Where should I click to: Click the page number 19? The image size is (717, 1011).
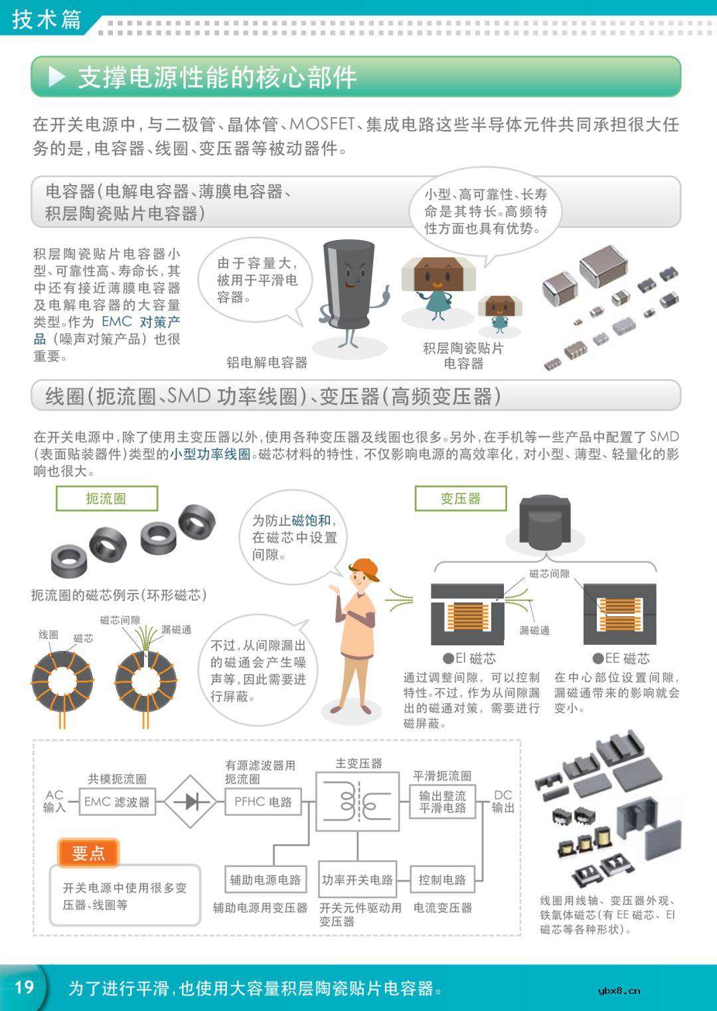coord(24,986)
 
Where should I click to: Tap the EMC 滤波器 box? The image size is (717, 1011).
coord(117,801)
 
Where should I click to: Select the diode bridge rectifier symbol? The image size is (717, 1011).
coord(191,801)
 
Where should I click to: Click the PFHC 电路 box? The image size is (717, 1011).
coord(263,801)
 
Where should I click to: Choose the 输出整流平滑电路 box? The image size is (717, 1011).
coord(442,801)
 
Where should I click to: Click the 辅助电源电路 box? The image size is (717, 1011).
coord(265,880)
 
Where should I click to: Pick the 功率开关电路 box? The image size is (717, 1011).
coord(357,880)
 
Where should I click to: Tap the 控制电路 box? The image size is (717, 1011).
coord(442,880)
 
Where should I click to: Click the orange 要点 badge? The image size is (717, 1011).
coord(88,852)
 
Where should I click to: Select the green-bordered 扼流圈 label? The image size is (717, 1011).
coord(106,498)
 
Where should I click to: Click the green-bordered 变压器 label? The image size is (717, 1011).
coord(460,498)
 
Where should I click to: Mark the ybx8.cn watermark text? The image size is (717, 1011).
coord(619,990)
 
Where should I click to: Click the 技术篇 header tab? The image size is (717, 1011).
coord(45,19)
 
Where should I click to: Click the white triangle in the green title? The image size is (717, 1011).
coord(58,77)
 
